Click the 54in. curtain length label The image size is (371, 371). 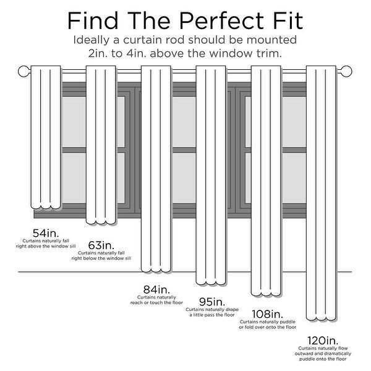click(x=46, y=233)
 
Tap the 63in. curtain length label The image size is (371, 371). click(x=101, y=245)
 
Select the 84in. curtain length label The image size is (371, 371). click(x=156, y=289)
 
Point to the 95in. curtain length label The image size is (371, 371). click(x=211, y=302)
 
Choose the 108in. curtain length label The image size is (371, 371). click(x=267, y=314)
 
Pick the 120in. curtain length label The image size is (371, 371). click(x=323, y=341)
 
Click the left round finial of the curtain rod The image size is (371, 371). click(x=24, y=71)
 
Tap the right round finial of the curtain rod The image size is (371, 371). click(x=346, y=71)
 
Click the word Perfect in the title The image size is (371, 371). click(x=221, y=21)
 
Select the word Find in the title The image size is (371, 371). click(x=93, y=21)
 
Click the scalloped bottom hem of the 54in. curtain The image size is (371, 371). click(x=46, y=207)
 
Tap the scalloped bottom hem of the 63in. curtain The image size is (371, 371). click(x=101, y=222)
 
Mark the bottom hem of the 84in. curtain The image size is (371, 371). click(x=156, y=270)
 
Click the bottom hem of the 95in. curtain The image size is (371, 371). click(x=211, y=283)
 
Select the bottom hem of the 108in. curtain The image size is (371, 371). click(x=266, y=294)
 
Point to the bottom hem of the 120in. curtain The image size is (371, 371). click(x=322, y=318)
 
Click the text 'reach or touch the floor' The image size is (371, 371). click(x=156, y=302)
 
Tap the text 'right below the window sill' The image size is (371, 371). click(x=101, y=258)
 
